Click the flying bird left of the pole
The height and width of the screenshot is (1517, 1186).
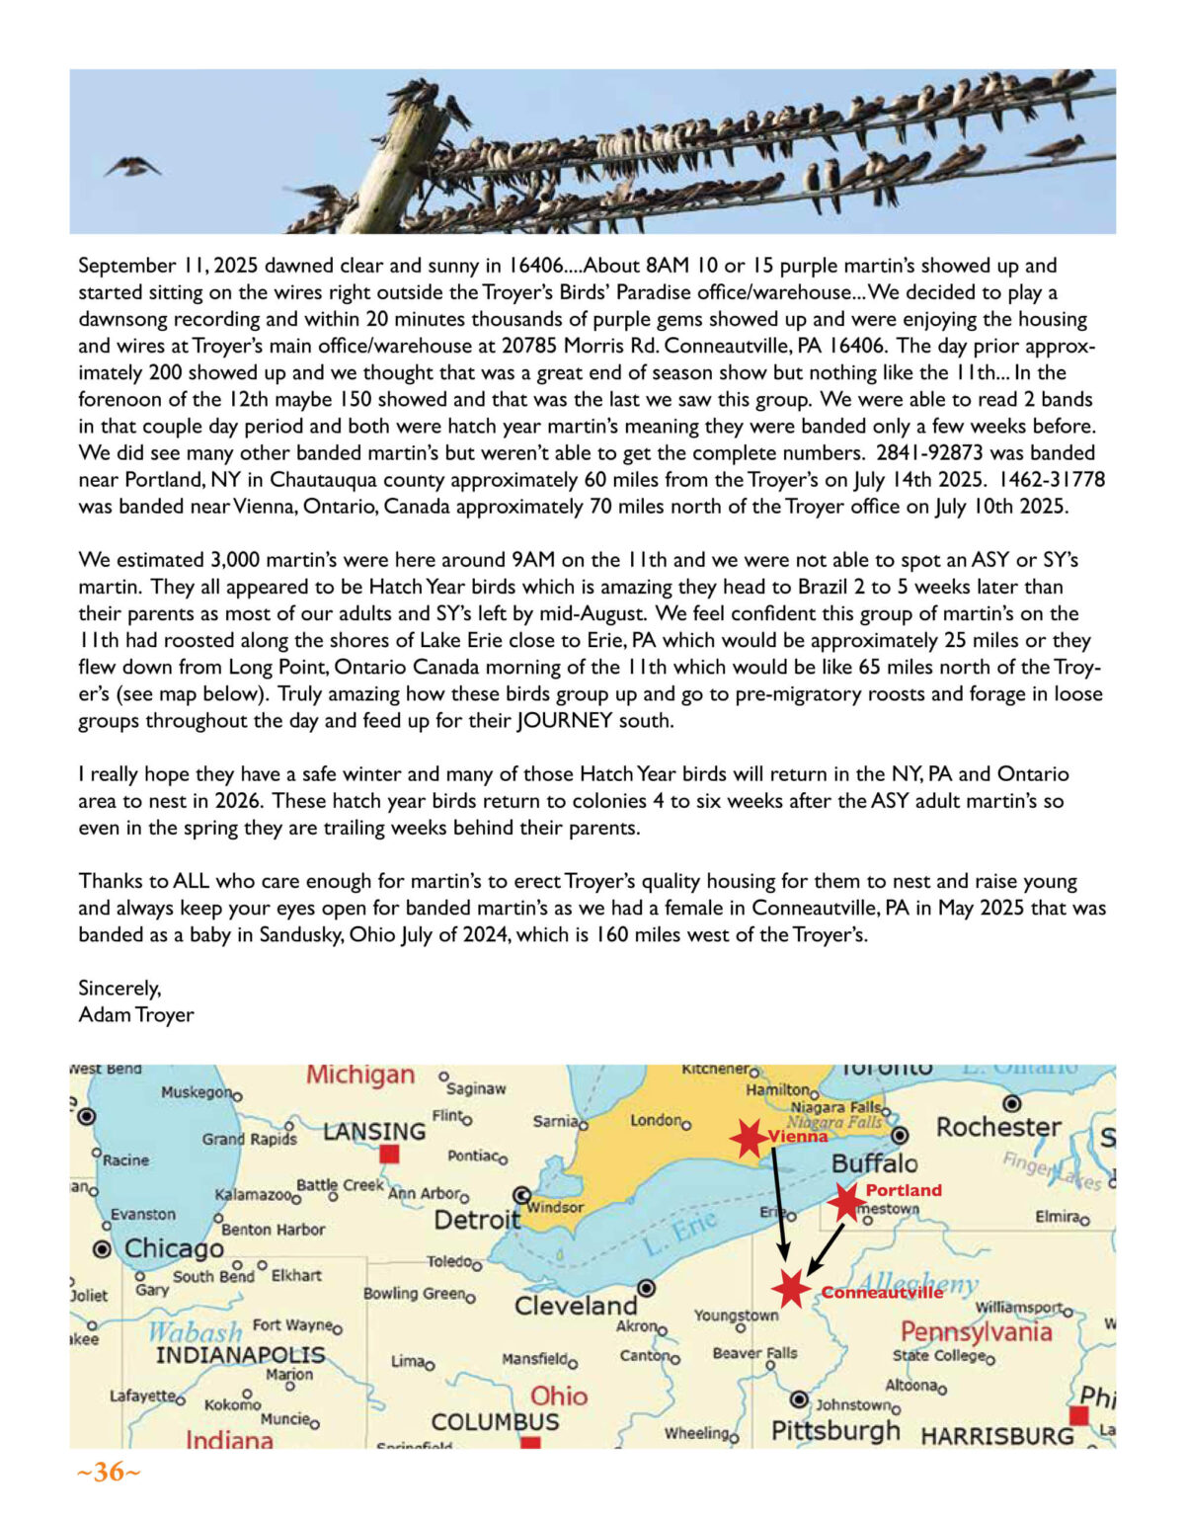click(x=132, y=166)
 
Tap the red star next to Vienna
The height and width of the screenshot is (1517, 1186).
click(x=750, y=1138)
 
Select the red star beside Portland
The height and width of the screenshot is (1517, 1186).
click(x=846, y=1201)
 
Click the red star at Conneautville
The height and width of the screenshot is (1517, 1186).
click(x=790, y=1288)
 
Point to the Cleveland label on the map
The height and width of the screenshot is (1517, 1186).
click(x=576, y=1306)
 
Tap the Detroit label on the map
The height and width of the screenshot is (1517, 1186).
click(x=477, y=1220)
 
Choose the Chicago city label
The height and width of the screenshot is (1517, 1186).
click(x=174, y=1248)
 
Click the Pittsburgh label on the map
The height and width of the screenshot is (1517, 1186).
click(x=835, y=1430)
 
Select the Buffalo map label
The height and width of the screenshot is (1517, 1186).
click(x=874, y=1163)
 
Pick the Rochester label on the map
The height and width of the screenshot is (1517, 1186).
click(x=998, y=1127)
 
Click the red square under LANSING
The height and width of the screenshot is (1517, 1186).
click(x=390, y=1154)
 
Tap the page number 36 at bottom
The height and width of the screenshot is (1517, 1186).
click(x=109, y=1473)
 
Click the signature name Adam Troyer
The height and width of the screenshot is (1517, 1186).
click(x=136, y=1015)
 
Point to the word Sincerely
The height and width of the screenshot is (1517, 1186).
click(x=119, y=989)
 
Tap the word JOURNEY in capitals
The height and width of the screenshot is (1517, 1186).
click(x=564, y=721)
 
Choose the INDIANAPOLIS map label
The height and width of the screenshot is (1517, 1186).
click(x=240, y=1355)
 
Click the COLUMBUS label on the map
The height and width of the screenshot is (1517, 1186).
click(x=495, y=1422)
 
